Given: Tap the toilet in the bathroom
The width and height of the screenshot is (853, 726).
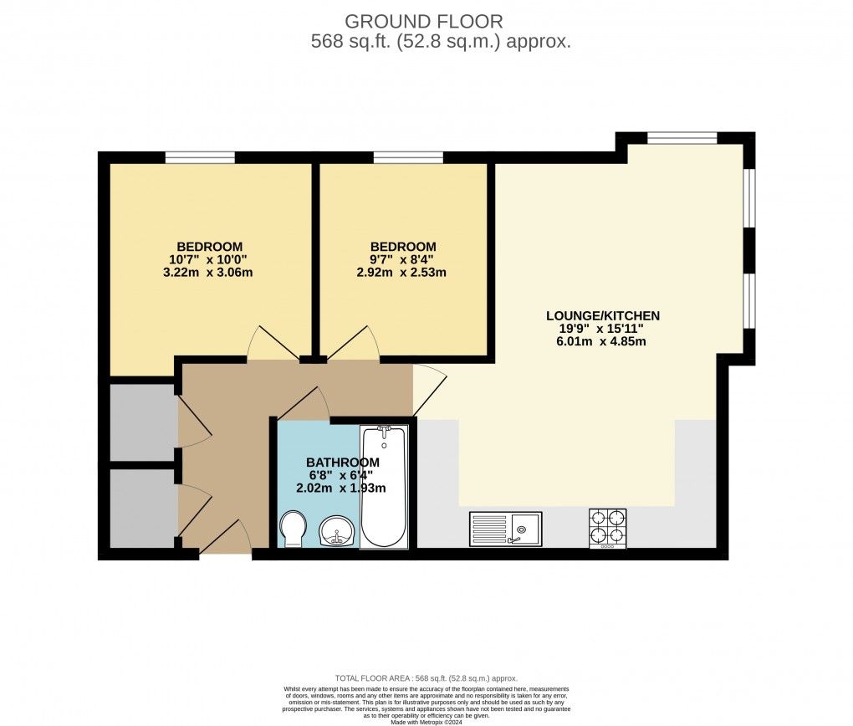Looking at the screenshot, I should click(293, 529).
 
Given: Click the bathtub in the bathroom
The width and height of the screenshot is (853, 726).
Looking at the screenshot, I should click(384, 487).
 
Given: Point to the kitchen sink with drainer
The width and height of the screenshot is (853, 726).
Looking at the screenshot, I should click(505, 528).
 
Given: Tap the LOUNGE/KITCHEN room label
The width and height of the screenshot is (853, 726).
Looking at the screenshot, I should click(603, 315).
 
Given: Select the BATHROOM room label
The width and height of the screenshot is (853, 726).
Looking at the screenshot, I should click(342, 463).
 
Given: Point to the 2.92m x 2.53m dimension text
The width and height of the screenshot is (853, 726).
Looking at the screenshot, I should click(403, 272).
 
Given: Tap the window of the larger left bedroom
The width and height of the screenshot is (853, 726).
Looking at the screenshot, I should click(199, 156).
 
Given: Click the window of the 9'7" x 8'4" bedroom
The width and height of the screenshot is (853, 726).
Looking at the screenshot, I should click(408, 156).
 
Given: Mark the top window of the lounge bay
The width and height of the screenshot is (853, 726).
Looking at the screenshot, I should click(682, 138).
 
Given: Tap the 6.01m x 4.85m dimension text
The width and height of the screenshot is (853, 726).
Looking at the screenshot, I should click(603, 340).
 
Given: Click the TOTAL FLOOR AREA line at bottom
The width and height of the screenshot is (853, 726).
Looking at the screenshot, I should click(426, 678).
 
